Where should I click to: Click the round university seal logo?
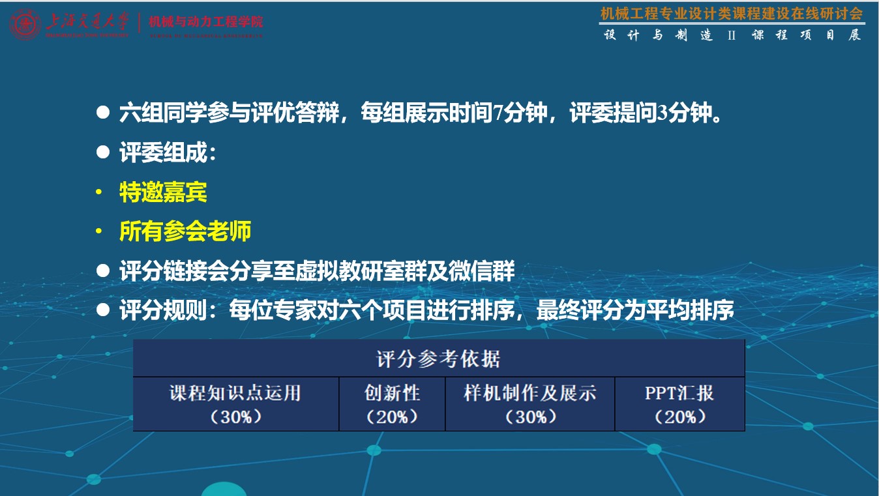[25, 25]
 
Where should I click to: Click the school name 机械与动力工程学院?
[206, 22]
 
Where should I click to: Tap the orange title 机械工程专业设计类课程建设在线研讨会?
[732, 13]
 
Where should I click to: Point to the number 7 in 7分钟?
[499, 114]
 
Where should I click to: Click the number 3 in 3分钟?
[663, 114]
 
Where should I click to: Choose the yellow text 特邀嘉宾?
[163, 192]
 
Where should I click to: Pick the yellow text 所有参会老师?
[185, 231]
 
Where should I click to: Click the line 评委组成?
[167, 153]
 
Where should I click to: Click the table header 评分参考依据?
[438, 358]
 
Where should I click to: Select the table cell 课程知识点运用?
[235, 393]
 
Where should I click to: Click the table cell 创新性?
[392, 393]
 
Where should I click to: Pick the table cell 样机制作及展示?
[530, 393]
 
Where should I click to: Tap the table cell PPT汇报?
[679, 393]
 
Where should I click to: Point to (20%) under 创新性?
[392, 416]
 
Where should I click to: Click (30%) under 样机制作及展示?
[530, 416]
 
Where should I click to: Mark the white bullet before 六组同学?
[102, 113]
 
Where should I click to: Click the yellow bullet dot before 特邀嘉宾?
[98, 193]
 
